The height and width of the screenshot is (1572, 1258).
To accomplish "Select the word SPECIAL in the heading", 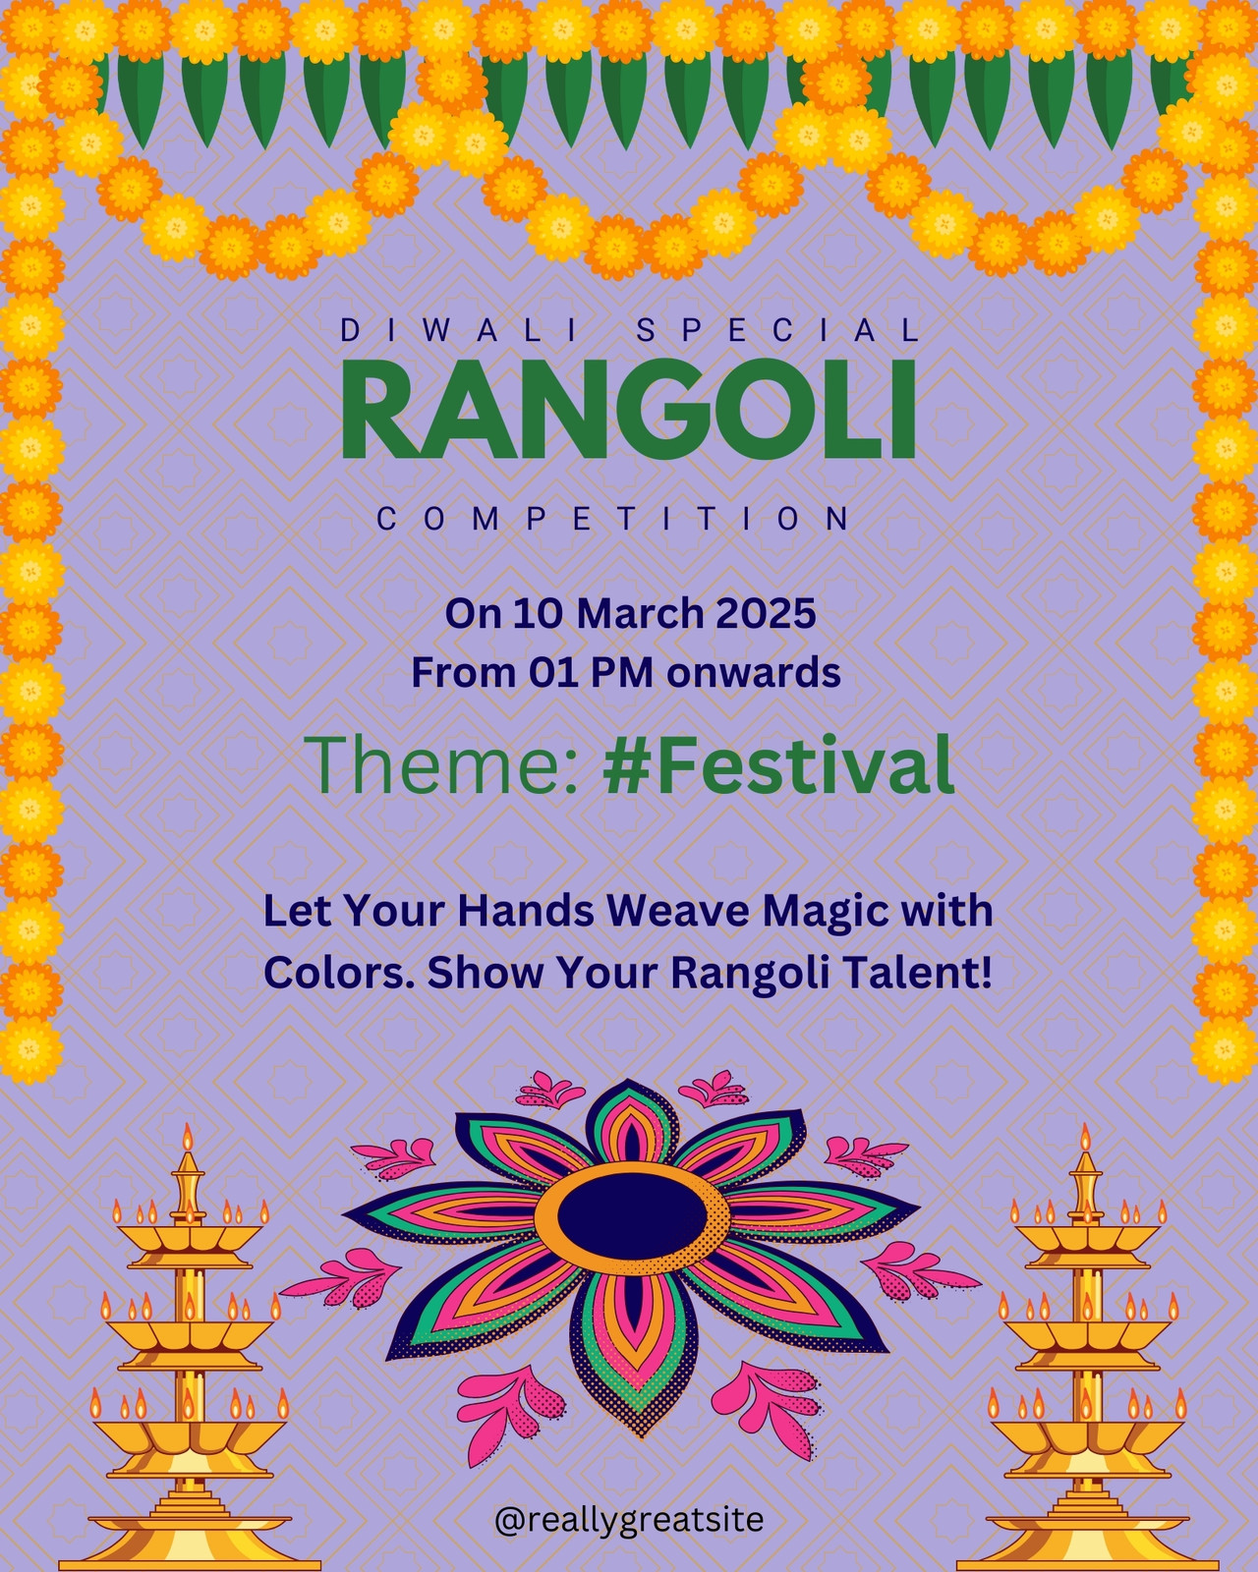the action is (777, 331).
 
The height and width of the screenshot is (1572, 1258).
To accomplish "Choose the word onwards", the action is (754, 673).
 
